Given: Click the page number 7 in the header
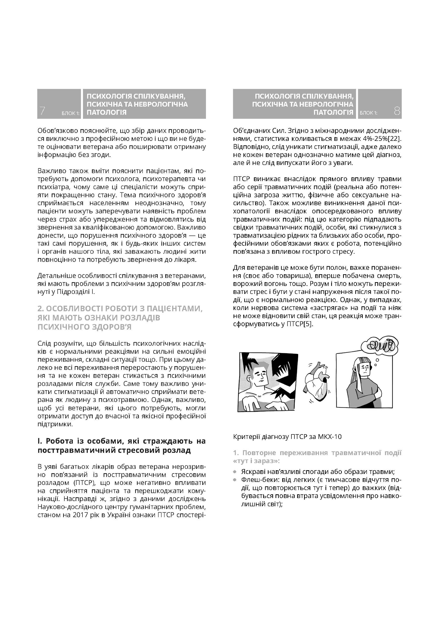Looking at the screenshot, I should (x=42, y=111).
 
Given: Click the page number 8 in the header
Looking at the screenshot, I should (x=397, y=111).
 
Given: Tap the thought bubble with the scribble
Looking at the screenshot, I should (x=379, y=346).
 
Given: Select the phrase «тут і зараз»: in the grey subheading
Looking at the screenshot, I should (x=256, y=461).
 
